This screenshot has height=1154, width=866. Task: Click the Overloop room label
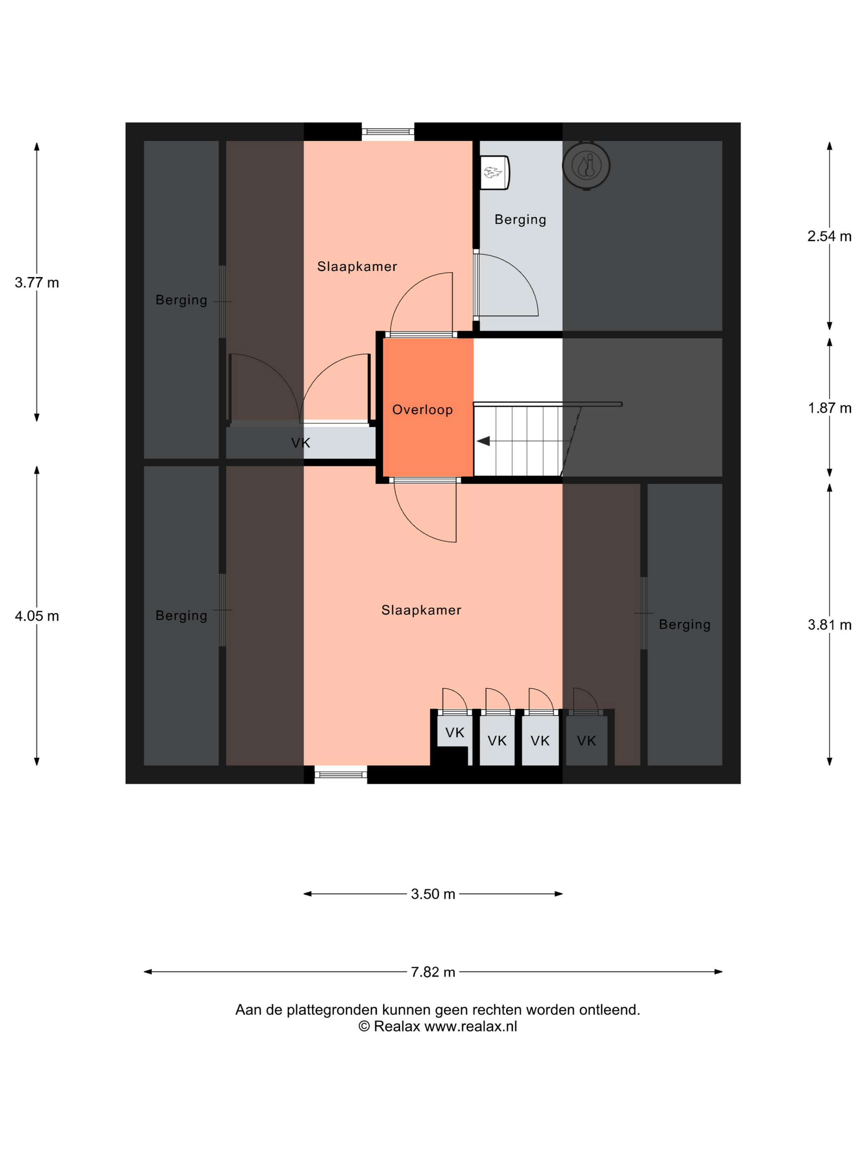(422, 410)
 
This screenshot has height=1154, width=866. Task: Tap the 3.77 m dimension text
(37, 283)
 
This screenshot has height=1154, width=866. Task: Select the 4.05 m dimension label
(37, 616)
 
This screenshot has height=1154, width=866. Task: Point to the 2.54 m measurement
(829, 236)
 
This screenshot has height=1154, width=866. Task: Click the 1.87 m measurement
(829, 408)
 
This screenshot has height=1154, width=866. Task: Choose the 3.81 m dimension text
(829, 625)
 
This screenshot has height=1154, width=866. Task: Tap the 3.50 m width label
(433, 894)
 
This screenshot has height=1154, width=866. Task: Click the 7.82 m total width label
(433, 972)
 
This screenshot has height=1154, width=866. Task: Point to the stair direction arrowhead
(483, 441)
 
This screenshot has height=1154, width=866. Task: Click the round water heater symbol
(586, 165)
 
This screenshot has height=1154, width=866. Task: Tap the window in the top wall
(388, 132)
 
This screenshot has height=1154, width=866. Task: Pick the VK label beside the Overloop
(301, 443)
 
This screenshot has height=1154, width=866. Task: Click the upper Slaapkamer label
(357, 267)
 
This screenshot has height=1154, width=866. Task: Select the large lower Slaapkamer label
(421, 610)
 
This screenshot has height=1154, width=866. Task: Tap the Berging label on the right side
(685, 624)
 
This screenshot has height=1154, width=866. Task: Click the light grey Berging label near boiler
(520, 220)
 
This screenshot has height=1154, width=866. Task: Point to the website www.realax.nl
(471, 1026)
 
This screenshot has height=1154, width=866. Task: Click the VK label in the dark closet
(586, 741)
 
